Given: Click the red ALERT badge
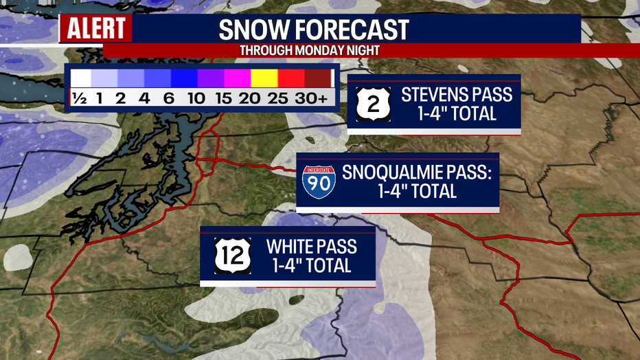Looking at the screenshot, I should [95, 29].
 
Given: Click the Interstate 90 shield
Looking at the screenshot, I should [319, 181].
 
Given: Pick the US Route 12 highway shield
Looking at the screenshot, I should [228, 255].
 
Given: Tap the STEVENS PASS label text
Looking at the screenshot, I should [457, 94].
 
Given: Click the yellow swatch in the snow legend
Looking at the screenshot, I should [263, 79].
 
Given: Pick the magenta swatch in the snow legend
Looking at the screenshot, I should [237, 79].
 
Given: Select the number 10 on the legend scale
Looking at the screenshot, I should [196, 98].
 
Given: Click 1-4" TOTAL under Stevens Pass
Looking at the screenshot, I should [457, 113].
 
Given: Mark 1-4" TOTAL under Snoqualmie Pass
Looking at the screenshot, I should [417, 191].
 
